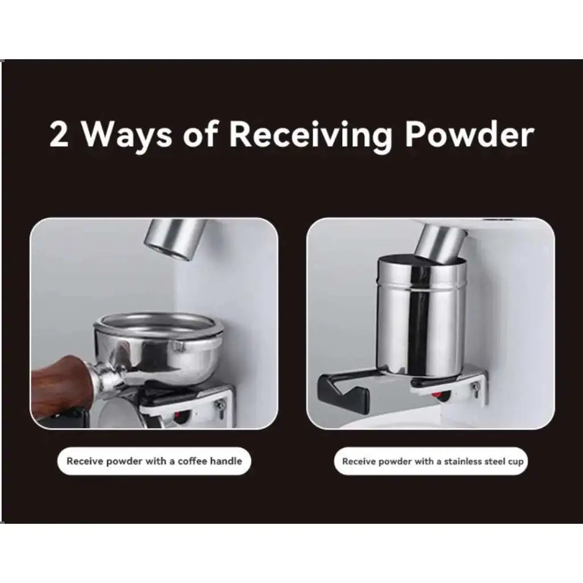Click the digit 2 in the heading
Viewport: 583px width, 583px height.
(x=59, y=134)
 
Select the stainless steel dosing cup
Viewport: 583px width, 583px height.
(x=421, y=315)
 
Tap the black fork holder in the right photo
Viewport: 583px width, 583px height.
(x=342, y=390)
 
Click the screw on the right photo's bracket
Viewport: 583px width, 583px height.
(x=475, y=389)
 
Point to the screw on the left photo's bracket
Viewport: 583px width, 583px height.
(x=220, y=405)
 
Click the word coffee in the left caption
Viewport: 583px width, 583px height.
(x=192, y=461)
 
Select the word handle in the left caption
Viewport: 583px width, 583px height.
(x=226, y=461)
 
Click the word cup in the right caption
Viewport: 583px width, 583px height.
(x=516, y=462)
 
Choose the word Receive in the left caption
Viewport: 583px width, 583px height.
(x=85, y=461)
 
